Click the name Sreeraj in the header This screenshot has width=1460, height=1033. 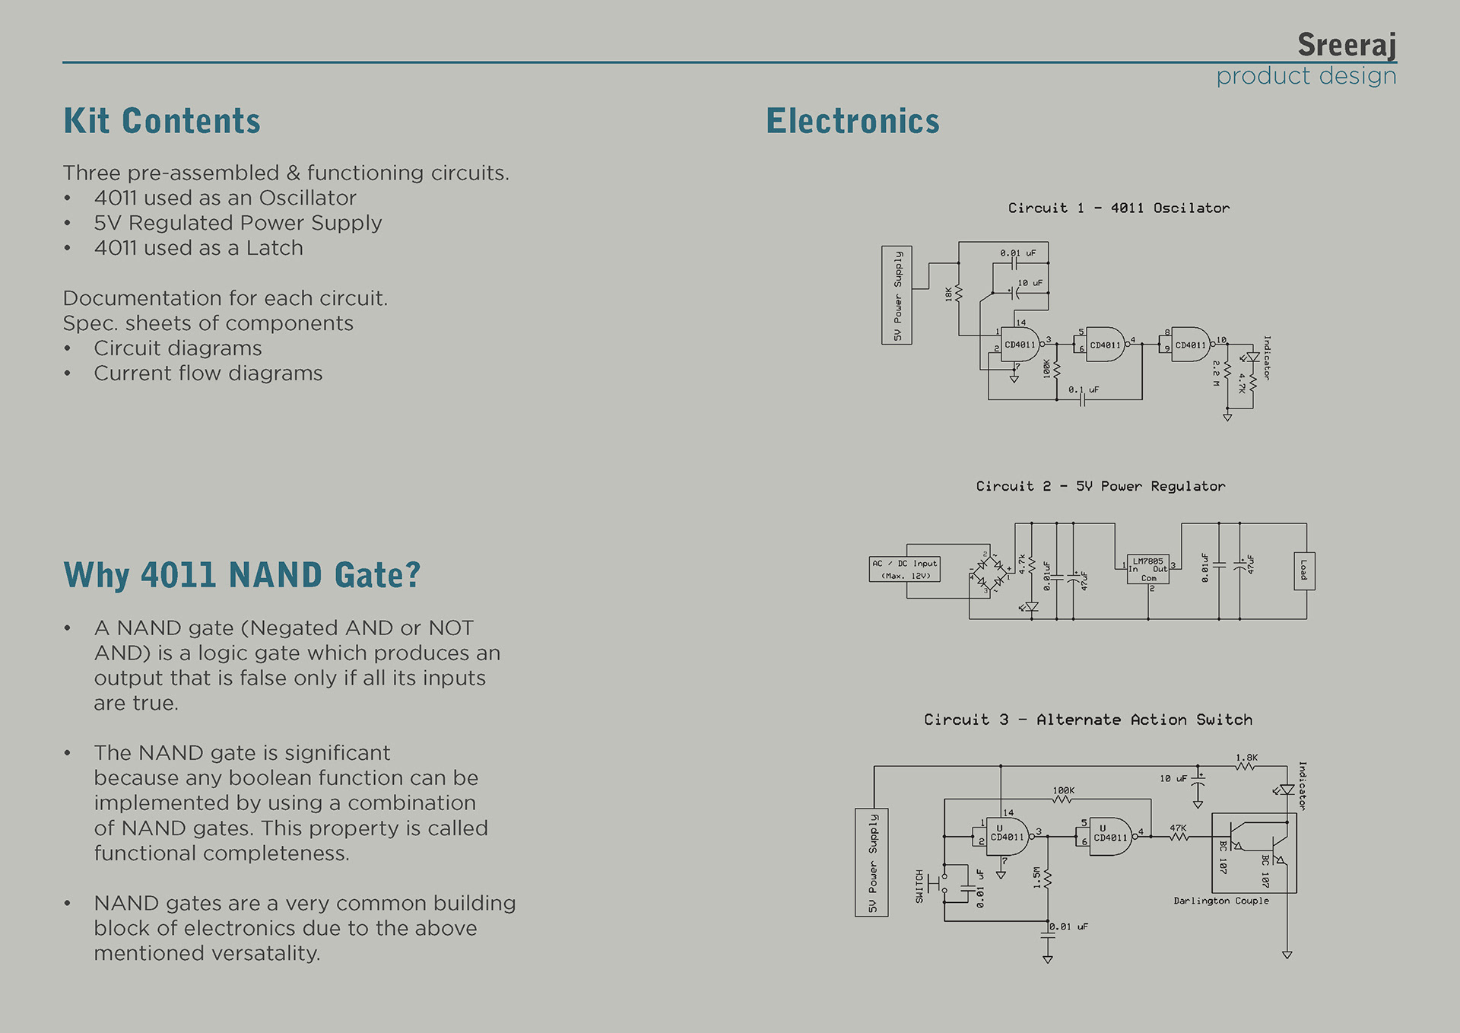[x=1346, y=45]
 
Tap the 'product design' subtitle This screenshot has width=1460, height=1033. [x=1306, y=76]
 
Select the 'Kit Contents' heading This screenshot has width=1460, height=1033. [x=162, y=122]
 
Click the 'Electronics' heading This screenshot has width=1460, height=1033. [x=852, y=122]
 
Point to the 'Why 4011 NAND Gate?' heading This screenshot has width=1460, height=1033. [x=242, y=575]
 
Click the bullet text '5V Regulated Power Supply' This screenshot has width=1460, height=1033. [x=237, y=223]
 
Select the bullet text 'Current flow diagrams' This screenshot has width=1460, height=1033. [x=208, y=373]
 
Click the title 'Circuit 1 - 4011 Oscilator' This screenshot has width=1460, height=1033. [x=1118, y=208]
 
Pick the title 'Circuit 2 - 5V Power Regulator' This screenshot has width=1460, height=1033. [x=1100, y=486]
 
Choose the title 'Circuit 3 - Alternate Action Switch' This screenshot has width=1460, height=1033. [x=1087, y=720]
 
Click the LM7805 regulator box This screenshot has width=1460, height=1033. [x=1147, y=569]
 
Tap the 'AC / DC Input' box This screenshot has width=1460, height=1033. [x=904, y=569]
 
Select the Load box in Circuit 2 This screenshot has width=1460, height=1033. [x=1303, y=571]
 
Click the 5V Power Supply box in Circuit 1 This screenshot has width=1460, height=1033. [x=897, y=295]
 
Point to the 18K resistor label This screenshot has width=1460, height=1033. [x=949, y=294]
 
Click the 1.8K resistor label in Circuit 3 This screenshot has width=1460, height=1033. [x=1246, y=758]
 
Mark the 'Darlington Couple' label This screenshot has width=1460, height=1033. [x=1220, y=901]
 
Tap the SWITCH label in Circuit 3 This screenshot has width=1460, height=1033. [x=919, y=886]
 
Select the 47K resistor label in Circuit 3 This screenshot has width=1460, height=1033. [x=1178, y=828]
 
